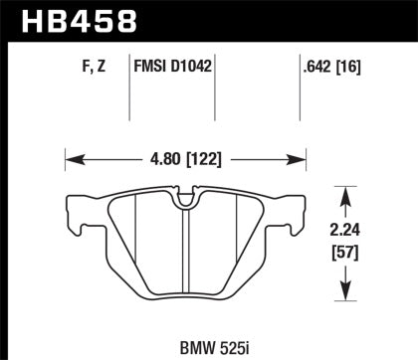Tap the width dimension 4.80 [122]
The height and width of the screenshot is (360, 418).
click(x=184, y=156)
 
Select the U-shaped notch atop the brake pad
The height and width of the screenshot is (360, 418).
click(x=185, y=200)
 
